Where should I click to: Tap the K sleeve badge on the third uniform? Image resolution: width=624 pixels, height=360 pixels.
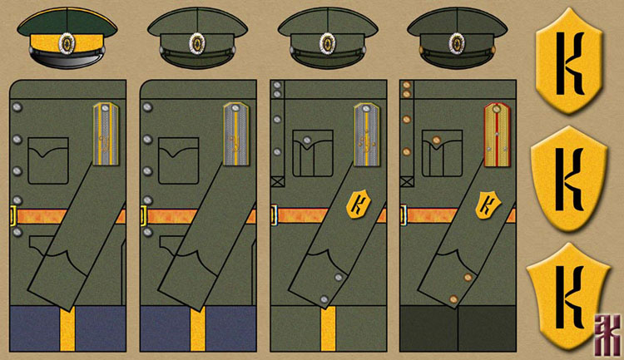[x=359, y=205]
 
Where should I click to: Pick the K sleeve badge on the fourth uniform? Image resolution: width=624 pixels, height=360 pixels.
[x=488, y=205]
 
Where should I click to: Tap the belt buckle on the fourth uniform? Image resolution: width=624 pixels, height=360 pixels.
[x=403, y=216]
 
